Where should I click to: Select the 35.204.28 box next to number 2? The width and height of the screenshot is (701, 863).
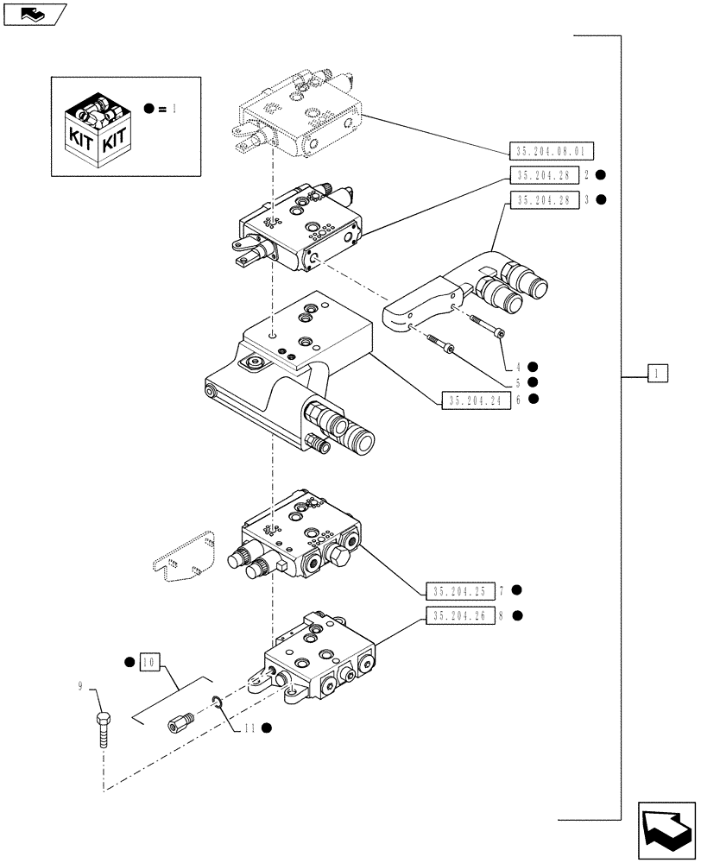tap(543, 175)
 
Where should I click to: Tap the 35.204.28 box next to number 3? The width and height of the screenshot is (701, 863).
tap(543, 199)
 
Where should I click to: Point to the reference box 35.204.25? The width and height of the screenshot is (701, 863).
tap(458, 591)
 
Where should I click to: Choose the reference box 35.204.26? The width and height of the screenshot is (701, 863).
tap(458, 615)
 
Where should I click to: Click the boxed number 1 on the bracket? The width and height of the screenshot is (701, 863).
tap(657, 374)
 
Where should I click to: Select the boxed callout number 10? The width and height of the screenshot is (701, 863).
tap(148, 663)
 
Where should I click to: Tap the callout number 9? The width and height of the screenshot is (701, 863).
tap(81, 687)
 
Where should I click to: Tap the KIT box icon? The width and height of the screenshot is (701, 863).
tap(98, 126)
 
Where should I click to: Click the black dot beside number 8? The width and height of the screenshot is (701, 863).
tap(516, 615)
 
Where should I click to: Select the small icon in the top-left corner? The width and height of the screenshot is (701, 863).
tap(34, 13)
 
